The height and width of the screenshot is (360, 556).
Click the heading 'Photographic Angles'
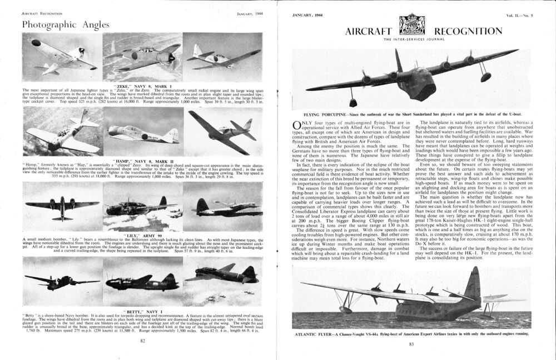(x=62, y=24)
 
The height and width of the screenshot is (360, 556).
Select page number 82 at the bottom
(x=143, y=340)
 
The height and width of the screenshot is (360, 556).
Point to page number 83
(x=412, y=344)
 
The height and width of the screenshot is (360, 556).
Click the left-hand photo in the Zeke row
(x=62, y=57)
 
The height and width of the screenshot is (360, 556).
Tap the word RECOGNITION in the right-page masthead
(x=465, y=31)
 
